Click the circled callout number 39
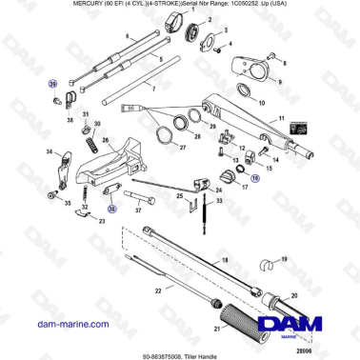[53, 84]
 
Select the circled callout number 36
[111, 210]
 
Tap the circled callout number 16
[253, 176]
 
